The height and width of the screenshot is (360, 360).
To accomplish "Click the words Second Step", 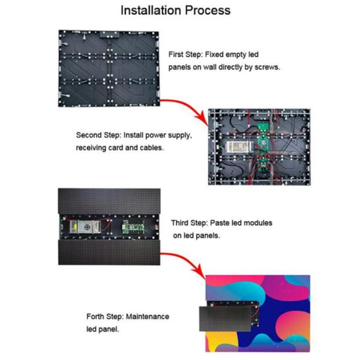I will tap(99, 135).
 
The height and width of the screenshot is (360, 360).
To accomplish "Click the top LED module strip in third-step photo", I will tap(108, 200).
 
